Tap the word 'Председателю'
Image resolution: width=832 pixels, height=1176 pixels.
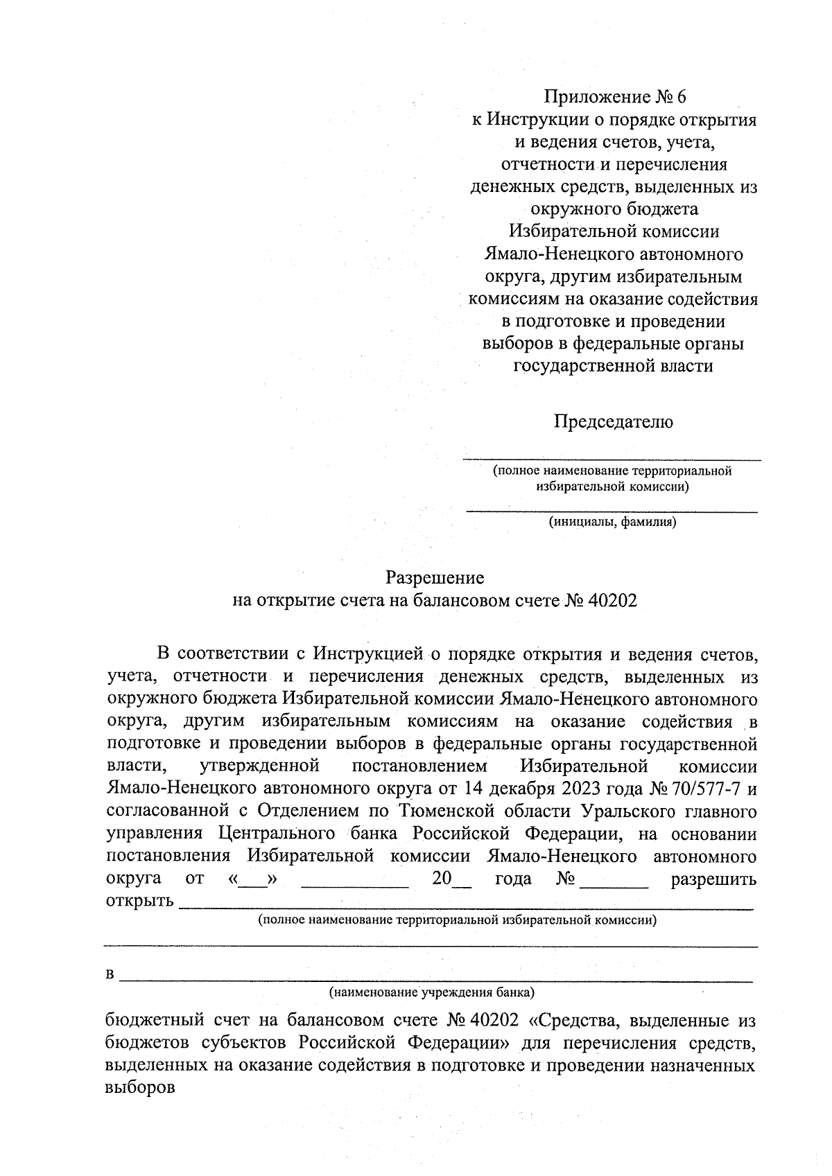pyautogui.click(x=613, y=421)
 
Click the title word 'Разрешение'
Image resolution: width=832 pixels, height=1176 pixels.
pyautogui.click(x=435, y=577)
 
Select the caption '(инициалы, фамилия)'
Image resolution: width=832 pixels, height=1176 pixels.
pyautogui.click(x=612, y=522)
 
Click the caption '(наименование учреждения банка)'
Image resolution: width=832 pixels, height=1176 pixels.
pyautogui.click(x=432, y=992)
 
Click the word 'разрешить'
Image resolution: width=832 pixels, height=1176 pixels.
pyautogui.click(x=713, y=879)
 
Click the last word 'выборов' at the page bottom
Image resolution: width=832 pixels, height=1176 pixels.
pyautogui.click(x=139, y=1087)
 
